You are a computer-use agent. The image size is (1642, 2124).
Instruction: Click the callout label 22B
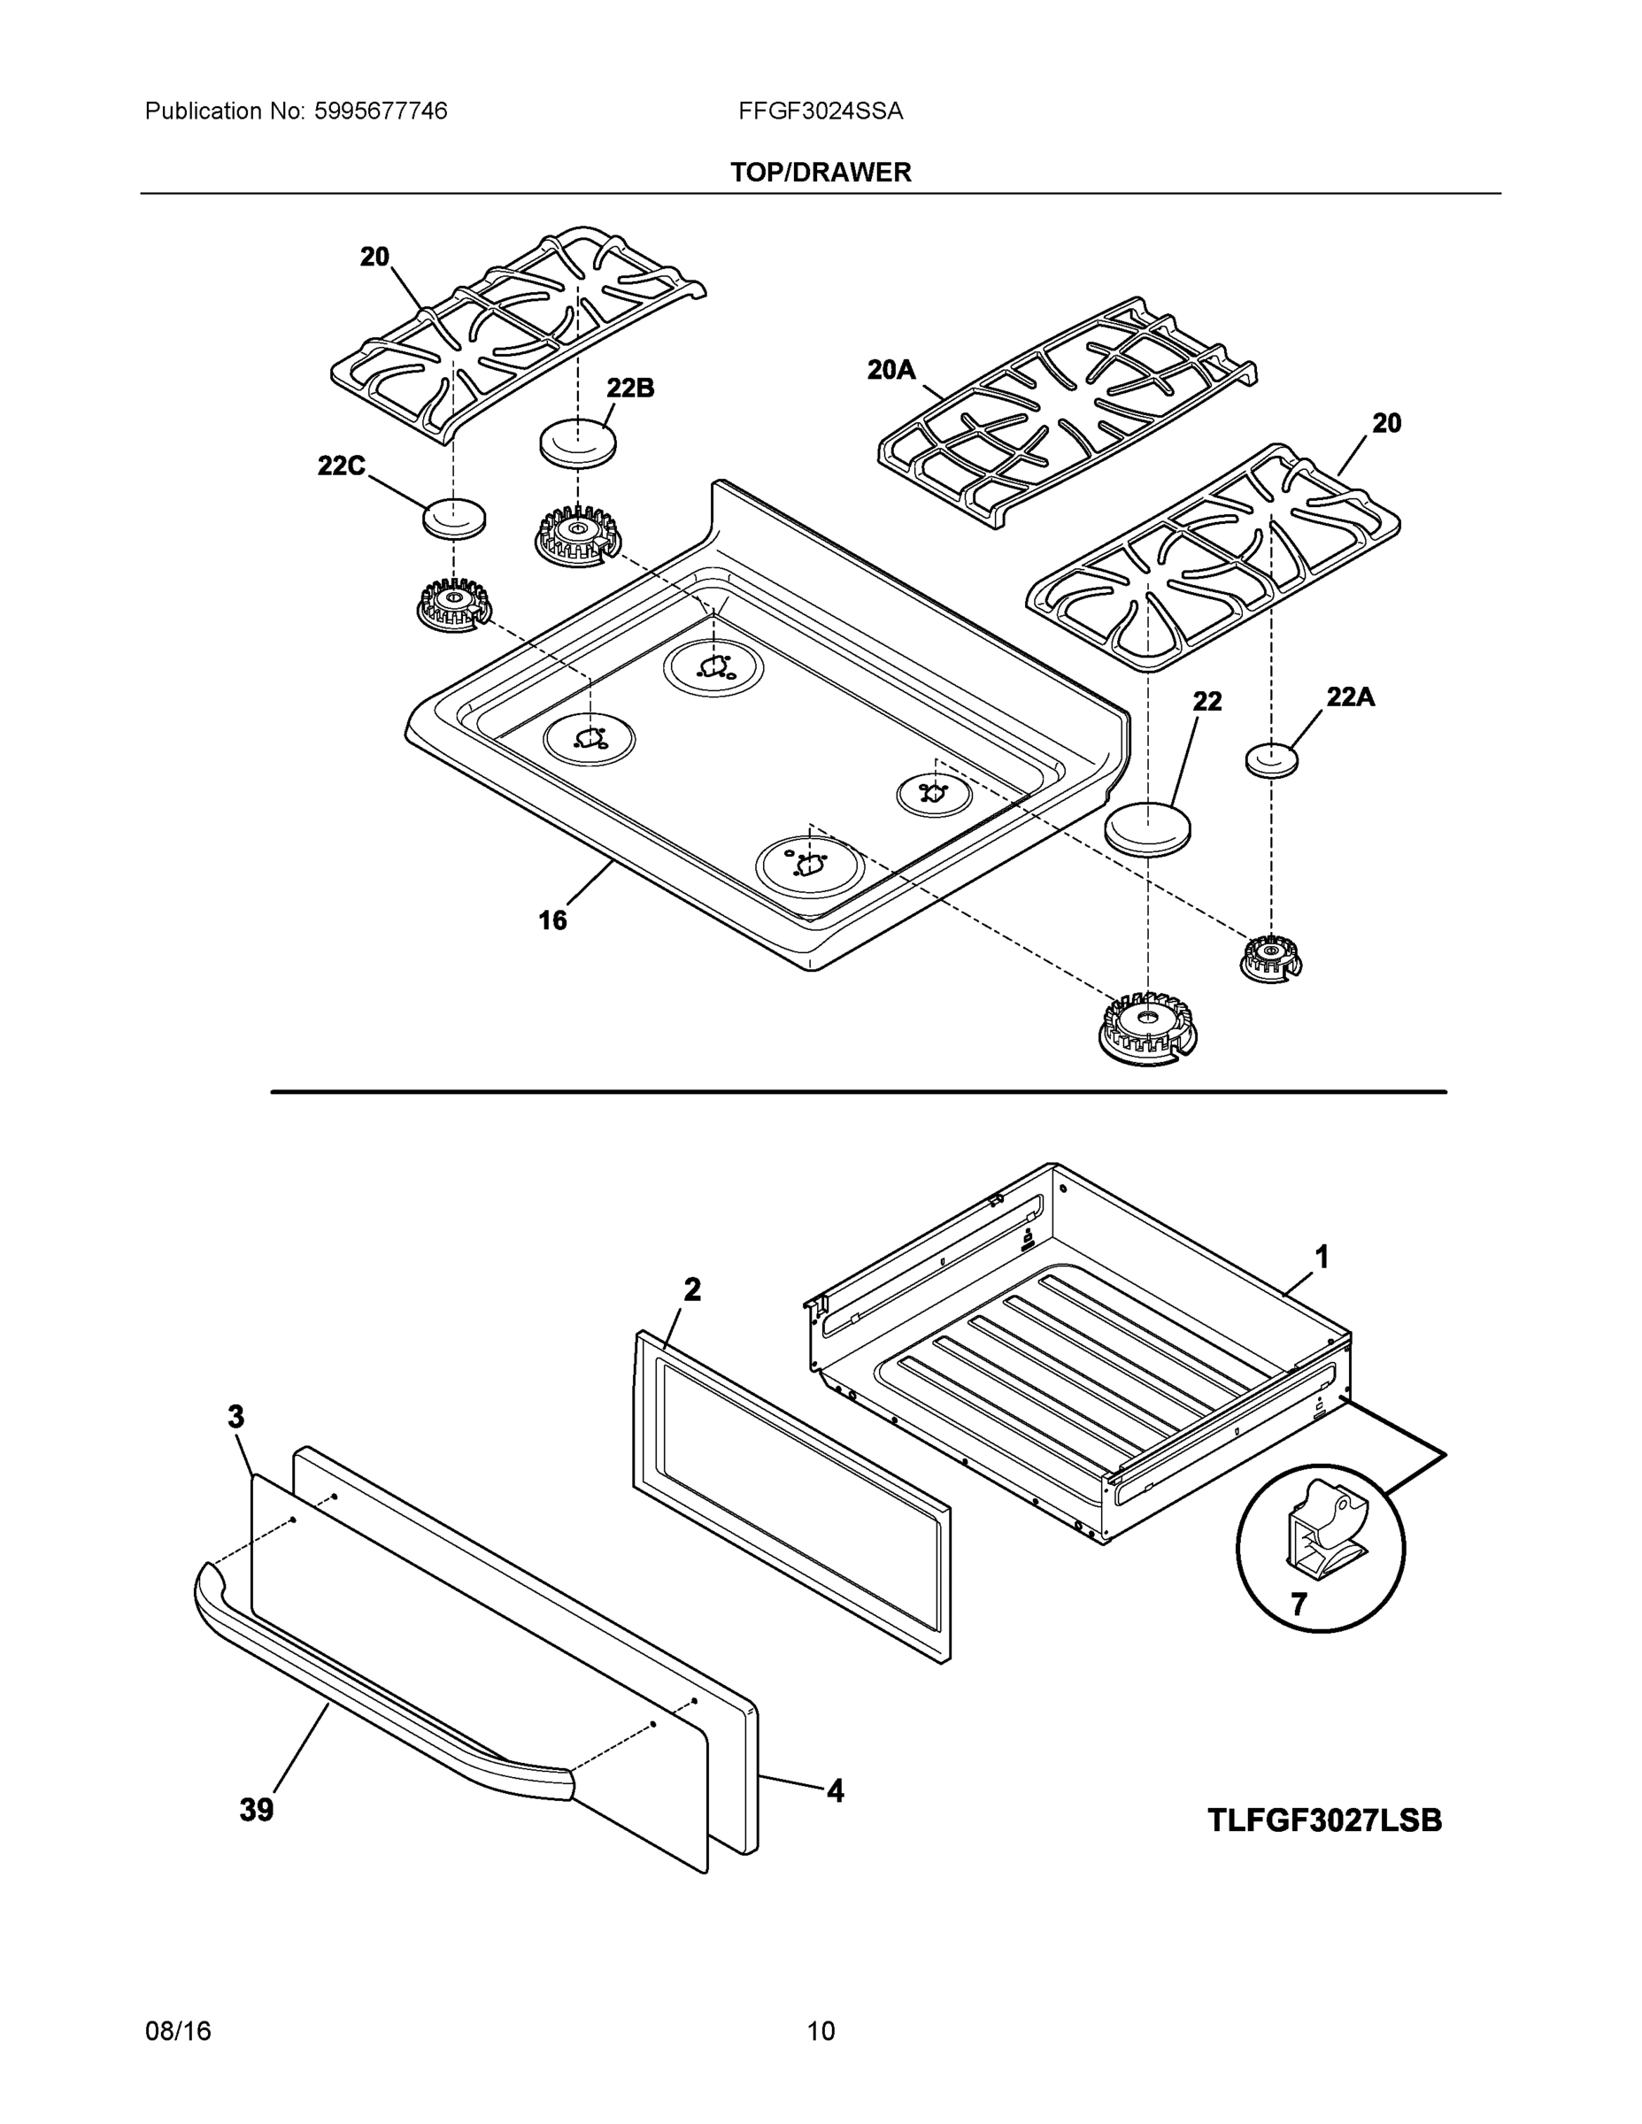point(630,388)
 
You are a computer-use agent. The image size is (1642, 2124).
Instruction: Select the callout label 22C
point(342,466)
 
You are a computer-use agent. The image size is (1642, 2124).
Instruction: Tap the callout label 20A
point(891,370)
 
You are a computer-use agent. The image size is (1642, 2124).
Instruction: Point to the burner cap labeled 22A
point(1271,759)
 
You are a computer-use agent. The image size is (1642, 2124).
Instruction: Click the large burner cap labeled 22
point(1148,828)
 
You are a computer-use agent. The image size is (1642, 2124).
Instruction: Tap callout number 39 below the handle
point(257,1810)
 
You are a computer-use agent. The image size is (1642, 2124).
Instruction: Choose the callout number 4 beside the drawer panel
point(835,1790)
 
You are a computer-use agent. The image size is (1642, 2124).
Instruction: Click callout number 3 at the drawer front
point(236,1417)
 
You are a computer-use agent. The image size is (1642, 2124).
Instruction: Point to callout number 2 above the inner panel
point(691,1289)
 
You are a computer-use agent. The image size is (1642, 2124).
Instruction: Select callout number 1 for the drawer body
point(1322,1258)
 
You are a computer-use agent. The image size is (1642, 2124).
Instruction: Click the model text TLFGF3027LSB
point(1324,1820)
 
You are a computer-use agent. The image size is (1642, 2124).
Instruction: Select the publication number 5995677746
point(381,112)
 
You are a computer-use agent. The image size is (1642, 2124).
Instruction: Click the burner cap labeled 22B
point(578,444)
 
